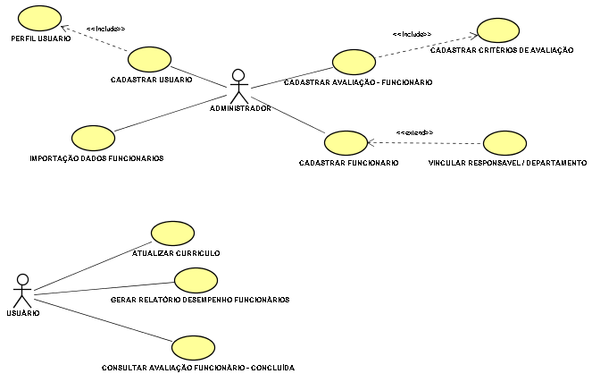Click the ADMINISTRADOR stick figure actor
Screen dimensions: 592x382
pos(239,87)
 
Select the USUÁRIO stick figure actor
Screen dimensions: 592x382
pos(22,291)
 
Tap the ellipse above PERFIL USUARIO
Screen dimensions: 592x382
pos(39,18)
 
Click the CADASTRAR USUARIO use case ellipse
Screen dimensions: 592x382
pos(149,59)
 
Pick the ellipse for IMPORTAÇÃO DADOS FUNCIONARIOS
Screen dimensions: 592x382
pos(93,138)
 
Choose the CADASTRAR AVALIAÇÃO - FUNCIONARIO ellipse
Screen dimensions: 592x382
pos(354,62)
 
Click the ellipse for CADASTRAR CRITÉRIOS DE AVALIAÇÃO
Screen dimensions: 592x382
pos(498,30)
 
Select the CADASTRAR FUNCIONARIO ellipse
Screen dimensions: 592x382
pos(346,143)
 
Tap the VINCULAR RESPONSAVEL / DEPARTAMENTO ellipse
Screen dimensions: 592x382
pos(504,143)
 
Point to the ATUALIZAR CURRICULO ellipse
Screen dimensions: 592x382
pos(172,233)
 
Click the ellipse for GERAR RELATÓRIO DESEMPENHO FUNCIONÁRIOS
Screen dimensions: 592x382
pos(196,280)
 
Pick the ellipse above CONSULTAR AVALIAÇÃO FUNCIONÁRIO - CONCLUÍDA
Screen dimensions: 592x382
pos(193,348)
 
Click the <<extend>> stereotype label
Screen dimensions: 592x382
pos(414,132)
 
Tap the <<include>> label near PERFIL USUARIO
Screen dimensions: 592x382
pos(105,29)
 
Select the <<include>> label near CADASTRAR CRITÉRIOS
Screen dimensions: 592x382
pos(412,34)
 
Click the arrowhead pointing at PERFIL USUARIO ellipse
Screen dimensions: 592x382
pos(64,28)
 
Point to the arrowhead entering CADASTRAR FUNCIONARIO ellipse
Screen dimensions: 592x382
pos(371,142)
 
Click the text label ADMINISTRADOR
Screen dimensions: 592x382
pos(240,108)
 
